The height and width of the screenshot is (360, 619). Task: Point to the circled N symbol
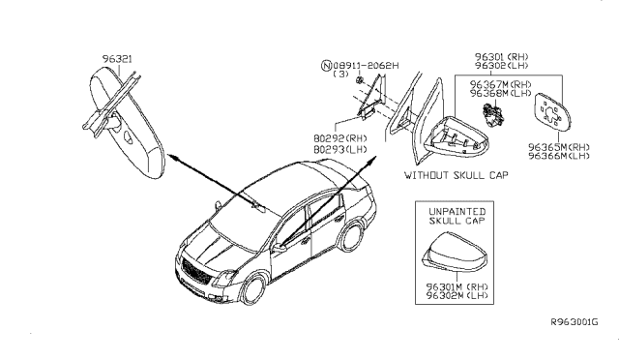[x=325, y=65]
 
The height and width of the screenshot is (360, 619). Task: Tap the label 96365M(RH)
[x=560, y=147]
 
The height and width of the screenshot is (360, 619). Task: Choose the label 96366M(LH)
[x=560, y=156]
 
